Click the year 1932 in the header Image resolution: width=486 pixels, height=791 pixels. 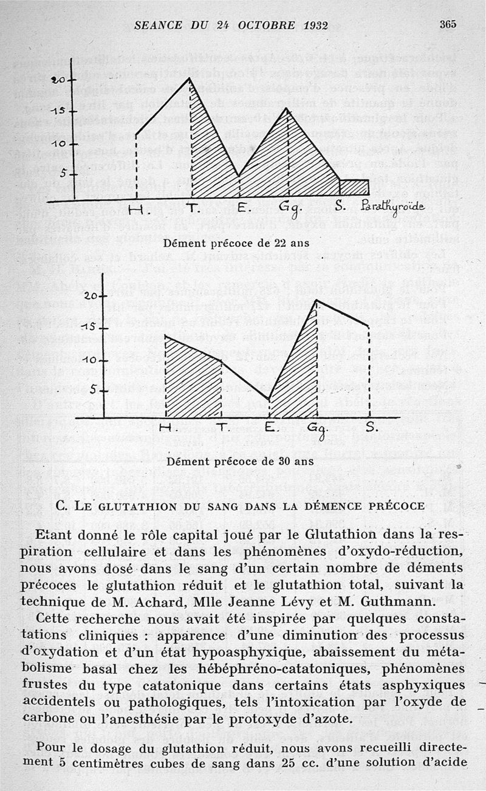[314, 26]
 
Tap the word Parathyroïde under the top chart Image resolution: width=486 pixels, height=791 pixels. [392, 207]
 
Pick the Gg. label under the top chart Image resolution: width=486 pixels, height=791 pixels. [286, 208]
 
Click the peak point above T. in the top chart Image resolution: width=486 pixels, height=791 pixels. [190, 78]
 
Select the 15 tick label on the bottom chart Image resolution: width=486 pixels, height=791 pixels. [89, 328]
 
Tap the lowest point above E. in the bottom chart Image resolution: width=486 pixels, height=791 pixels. [269, 399]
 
